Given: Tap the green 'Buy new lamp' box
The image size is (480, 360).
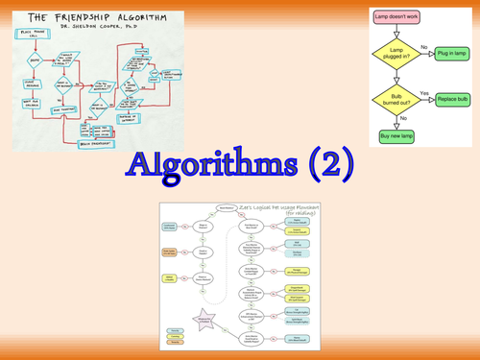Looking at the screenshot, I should (x=401, y=136).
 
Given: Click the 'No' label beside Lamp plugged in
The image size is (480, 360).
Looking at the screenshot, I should (x=424, y=47).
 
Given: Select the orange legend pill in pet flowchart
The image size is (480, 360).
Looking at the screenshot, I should (x=173, y=252).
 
